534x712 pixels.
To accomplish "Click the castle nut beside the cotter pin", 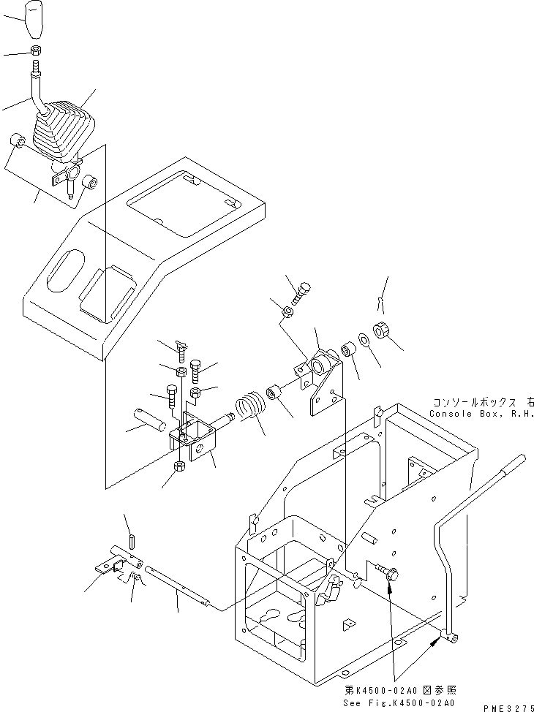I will point(383,330).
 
